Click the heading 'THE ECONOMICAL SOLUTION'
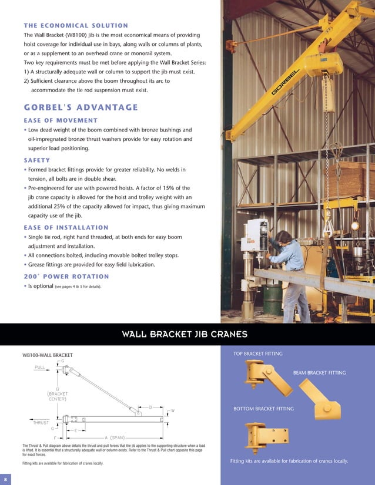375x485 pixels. [76, 26]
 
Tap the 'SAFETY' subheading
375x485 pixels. [36, 159]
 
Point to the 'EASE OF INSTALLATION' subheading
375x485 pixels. [66, 227]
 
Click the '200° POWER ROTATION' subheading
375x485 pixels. [66, 276]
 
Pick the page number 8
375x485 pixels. [5, 476]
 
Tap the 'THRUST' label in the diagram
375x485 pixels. [40, 422]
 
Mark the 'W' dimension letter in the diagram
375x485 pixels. [172, 410]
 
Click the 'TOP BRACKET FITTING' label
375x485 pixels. [258, 353]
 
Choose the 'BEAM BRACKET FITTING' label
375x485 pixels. [319, 373]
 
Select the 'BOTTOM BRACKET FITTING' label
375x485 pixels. [263, 408]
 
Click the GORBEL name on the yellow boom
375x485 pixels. [286, 82]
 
